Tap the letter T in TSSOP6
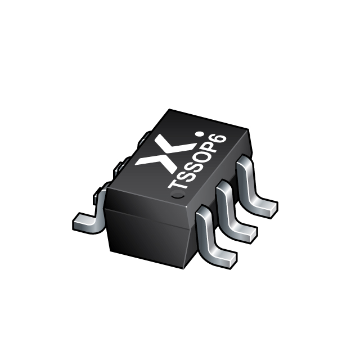click(177, 183)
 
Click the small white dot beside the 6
click(199, 134)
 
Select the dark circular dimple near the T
click(178, 195)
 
